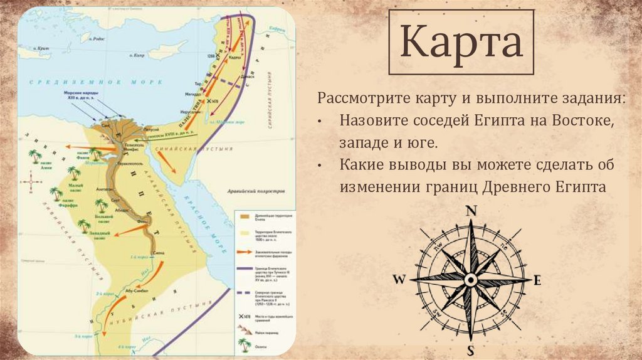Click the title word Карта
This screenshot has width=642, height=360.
(462, 42)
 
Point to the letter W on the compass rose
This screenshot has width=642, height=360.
(399, 280)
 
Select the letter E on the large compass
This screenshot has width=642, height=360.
(537, 281)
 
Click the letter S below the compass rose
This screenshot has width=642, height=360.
(471, 349)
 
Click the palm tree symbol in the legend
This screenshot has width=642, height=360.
(245, 344)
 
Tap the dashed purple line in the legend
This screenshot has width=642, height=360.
(245, 292)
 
